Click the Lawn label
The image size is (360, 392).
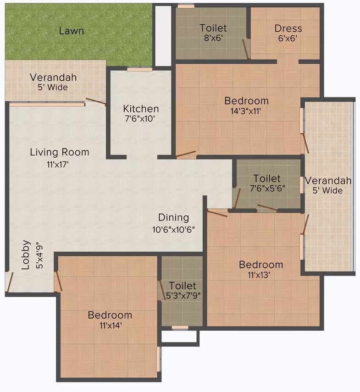[71, 31]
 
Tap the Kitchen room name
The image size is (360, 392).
[141, 109]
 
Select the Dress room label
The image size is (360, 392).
[288, 28]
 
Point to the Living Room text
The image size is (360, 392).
[60, 152]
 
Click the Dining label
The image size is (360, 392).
[174, 218]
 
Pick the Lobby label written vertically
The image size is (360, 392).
[26, 255]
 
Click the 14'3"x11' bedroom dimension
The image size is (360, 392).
[246, 111]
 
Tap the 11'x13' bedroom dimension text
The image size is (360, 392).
[259, 275]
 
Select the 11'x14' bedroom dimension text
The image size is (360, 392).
[111, 326]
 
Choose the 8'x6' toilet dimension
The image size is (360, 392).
[213, 38]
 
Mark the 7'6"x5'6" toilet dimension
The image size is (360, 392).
[267, 188]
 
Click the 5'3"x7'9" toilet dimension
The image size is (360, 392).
[183, 296]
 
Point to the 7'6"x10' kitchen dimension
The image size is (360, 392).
[140, 118]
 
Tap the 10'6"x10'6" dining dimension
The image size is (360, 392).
[173, 230]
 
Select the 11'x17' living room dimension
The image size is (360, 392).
[57, 165]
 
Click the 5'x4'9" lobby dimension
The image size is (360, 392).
[40, 255]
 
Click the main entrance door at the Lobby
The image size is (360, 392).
[10, 282]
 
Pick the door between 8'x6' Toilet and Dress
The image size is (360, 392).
[246, 49]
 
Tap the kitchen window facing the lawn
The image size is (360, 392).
[139, 69]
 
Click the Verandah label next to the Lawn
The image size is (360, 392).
[53, 77]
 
